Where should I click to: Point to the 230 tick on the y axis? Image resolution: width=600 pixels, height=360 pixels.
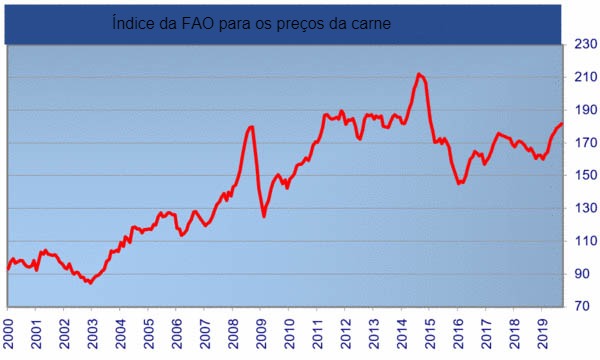pyautogui.click(x=585, y=45)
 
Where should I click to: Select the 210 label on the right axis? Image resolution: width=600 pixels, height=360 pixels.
pyautogui.click(x=585, y=78)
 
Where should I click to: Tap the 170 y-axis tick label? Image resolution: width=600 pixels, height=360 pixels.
pyautogui.click(x=585, y=143)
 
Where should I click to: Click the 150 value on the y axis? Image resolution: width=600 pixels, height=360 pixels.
pyautogui.click(x=585, y=176)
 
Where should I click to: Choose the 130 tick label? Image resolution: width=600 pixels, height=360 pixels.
pyautogui.click(x=585, y=208)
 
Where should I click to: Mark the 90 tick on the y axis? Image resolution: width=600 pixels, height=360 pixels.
pyautogui.click(x=585, y=274)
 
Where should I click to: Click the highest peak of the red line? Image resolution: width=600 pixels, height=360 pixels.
pyautogui.click(x=419, y=74)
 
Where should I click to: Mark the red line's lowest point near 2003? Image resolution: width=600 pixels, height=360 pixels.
pyautogui.click(x=90, y=283)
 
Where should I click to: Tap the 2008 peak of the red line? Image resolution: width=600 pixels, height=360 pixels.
pyautogui.click(x=251, y=127)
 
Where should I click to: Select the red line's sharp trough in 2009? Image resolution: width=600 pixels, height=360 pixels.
pyautogui.click(x=264, y=215)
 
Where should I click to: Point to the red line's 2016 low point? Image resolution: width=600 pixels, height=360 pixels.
pyautogui.click(x=459, y=183)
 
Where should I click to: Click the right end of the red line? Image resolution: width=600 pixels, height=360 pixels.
pyautogui.click(x=562, y=124)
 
